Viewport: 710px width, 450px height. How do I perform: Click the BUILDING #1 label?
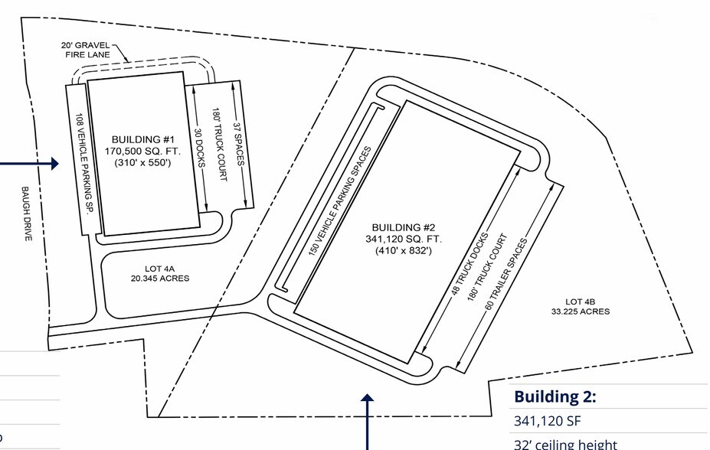pos(142,139)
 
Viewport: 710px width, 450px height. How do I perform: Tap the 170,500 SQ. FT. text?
pos(142,151)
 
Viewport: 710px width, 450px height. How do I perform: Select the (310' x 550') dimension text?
pos(142,162)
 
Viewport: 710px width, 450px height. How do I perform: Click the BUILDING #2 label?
pos(404,227)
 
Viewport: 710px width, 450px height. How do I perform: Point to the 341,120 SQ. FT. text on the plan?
pos(404,239)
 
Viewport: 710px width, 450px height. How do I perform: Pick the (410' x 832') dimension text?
pos(404,250)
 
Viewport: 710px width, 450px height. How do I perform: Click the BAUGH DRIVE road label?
pos(26,214)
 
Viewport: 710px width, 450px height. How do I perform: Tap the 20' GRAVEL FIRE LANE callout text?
pos(86,50)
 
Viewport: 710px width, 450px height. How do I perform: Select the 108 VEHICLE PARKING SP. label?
pos(86,164)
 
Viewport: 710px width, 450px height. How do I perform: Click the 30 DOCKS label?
pos(200,148)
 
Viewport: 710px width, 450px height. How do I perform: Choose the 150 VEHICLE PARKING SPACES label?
pos(339,201)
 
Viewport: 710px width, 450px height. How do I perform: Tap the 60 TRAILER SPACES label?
pos(506,274)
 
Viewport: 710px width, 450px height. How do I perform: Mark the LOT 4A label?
pos(159,269)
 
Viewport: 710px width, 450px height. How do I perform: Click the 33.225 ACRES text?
pos(580,311)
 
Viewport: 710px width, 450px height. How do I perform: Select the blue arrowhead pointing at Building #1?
pos(55,164)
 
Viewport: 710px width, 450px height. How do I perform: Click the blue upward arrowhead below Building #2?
pos(367,397)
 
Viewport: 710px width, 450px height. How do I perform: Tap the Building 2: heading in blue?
pos(555,396)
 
